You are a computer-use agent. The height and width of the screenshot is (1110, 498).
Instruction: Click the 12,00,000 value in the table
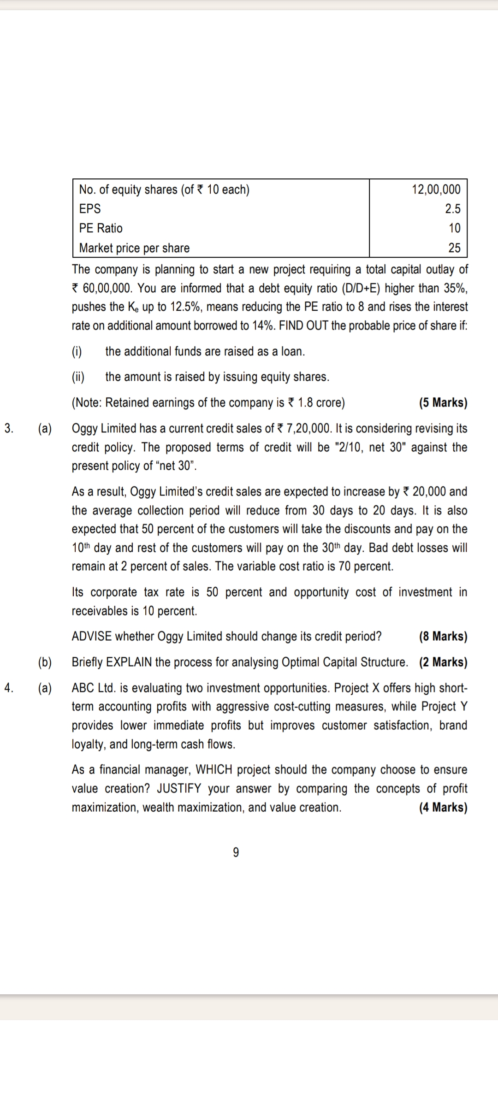coord(436,189)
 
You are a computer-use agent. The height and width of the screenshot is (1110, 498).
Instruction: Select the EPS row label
coord(90,209)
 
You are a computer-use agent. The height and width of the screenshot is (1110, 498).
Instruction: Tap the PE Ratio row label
coord(101,228)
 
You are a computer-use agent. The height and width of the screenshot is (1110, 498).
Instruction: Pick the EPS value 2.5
coord(453,209)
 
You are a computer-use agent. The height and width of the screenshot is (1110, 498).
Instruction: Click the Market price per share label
coord(134,248)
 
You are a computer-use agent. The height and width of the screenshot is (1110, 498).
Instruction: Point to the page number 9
coord(236,853)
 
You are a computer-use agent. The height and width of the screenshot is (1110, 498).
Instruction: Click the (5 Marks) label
coord(443,403)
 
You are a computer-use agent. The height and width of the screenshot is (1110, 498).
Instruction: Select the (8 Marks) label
coord(443,637)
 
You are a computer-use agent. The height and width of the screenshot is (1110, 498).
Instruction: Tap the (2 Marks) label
coord(443,662)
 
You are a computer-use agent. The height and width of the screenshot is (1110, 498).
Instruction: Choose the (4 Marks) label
coord(443,808)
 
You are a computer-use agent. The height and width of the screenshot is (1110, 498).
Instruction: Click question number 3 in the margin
coord(9,428)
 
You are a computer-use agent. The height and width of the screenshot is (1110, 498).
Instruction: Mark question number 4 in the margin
coord(9,688)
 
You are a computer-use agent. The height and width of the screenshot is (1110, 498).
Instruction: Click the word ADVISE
coord(91,637)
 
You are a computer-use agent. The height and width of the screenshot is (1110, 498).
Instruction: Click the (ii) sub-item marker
coord(78,377)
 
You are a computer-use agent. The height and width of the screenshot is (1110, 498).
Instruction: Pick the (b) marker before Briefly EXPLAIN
coord(45,662)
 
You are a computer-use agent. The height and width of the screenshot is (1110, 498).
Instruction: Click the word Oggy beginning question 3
coord(84,429)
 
